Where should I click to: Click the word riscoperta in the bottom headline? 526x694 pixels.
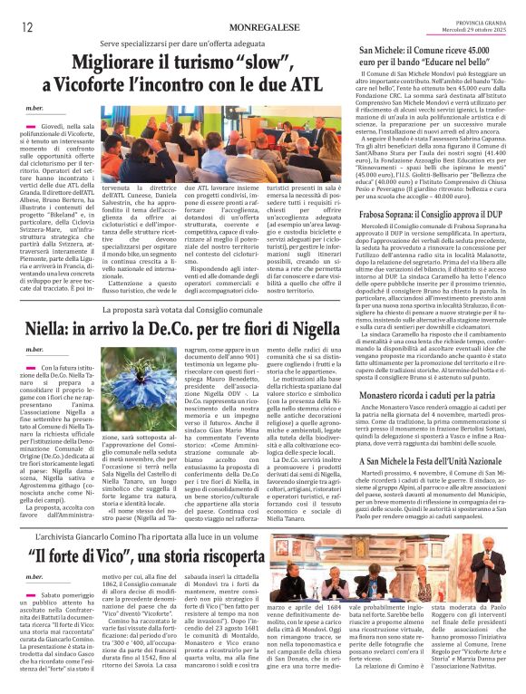click(x=235, y=554)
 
